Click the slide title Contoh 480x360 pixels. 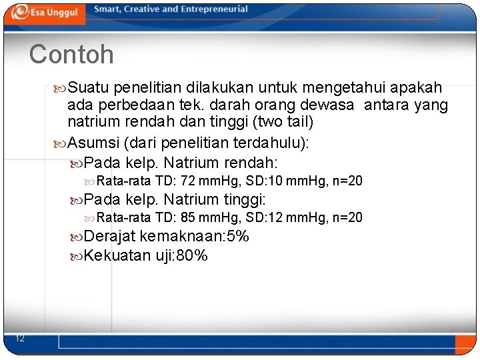coord(71,54)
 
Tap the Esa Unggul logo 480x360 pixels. coord(45,12)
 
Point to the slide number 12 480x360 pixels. coord(20,339)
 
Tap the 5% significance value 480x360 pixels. coord(238,236)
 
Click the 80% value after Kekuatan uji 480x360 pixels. coord(192,255)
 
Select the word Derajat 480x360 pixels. coord(111,236)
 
